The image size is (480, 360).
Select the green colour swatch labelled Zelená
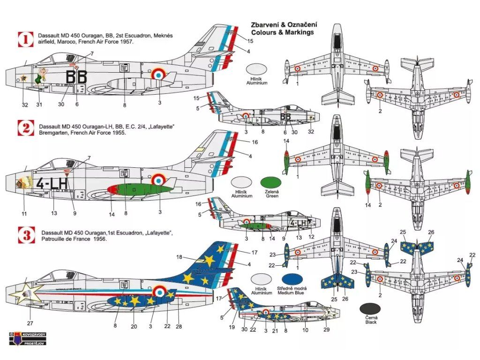[271, 183]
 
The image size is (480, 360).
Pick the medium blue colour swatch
[291, 279]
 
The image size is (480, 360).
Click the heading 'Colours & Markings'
[282, 33]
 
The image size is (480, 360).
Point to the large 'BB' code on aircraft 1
[76, 77]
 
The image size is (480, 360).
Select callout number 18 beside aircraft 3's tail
[179, 257]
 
